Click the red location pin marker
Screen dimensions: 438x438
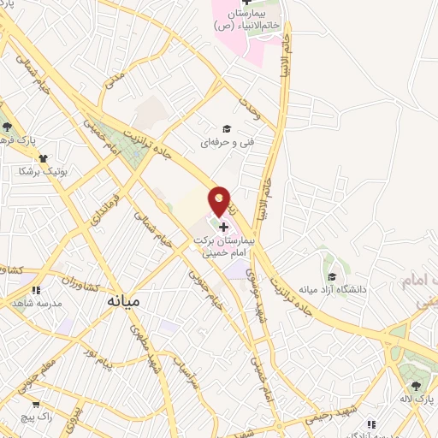pyautogui.click(x=220, y=201)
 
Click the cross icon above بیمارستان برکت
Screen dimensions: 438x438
pyautogui.click(x=224, y=227)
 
